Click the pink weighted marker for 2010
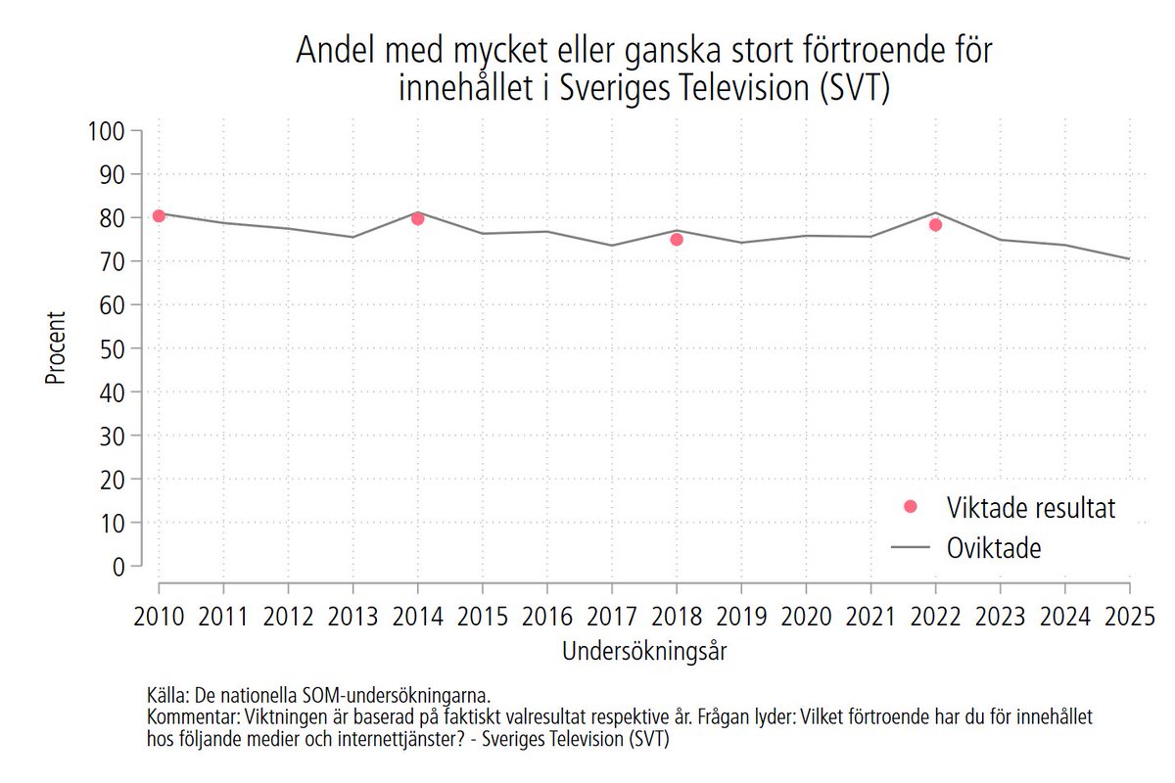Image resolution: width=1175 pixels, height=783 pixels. coord(159,215)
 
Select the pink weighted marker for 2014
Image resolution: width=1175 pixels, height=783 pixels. coord(417,218)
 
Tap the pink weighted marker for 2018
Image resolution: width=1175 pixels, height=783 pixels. coord(677,239)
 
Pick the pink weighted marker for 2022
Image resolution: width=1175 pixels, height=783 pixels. coord(935,224)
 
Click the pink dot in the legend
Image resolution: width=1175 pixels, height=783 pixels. coord(911,506)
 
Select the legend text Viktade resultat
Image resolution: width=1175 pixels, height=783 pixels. coord(1031,507)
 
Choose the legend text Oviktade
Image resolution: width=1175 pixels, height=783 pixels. coord(994,548)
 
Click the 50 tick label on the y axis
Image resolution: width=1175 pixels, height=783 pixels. coord(115,348)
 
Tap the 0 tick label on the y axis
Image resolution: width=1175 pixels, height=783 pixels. coord(119,566)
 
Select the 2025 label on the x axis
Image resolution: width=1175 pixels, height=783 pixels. coord(1129,618)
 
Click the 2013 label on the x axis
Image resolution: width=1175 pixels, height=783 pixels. coord(352,618)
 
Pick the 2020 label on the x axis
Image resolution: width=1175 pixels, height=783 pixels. coord(806,618)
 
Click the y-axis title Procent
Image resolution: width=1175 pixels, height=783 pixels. coord(56,348)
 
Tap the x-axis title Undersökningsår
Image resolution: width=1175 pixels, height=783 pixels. coord(643,651)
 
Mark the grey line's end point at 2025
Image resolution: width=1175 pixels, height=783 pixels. coord(1129,258)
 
